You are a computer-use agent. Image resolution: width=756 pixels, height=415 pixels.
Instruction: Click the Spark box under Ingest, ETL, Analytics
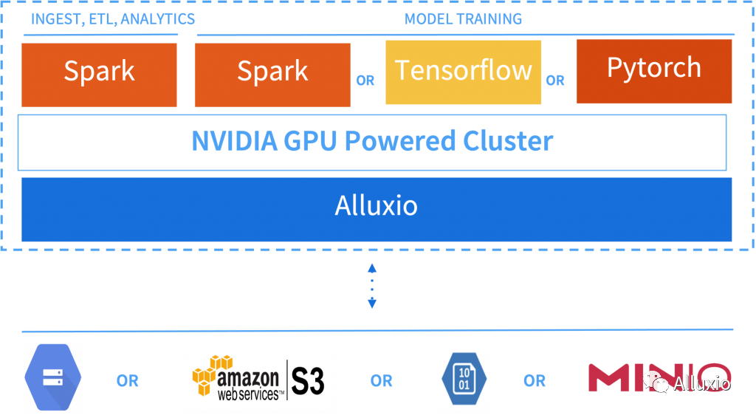pyautogui.click(x=99, y=75)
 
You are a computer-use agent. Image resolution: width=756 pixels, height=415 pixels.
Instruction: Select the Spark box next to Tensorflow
pyautogui.click(x=272, y=75)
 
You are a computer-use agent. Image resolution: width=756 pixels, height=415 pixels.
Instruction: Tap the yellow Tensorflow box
pyautogui.click(x=463, y=72)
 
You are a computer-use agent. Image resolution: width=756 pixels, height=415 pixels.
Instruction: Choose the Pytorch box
pyautogui.click(x=654, y=72)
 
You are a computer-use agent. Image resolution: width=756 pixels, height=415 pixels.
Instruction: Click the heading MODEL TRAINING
pyautogui.click(x=463, y=18)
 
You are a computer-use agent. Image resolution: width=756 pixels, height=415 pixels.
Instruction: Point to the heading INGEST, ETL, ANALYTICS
pyautogui.click(x=113, y=18)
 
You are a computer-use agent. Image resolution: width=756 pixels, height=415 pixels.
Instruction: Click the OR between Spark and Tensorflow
pyautogui.click(x=365, y=80)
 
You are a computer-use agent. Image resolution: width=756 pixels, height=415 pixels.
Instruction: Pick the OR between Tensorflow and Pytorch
pyautogui.click(x=555, y=80)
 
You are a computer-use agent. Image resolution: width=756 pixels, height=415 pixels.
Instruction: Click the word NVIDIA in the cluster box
pyautogui.click(x=234, y=141)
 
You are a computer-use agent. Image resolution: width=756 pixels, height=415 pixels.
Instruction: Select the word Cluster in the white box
pyautogui.click(x=508, y=141)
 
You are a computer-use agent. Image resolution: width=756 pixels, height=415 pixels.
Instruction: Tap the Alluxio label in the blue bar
pyautogui.click(x=376, y=206)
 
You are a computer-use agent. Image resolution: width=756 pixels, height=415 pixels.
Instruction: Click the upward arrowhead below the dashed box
pyautogui.click(x=372, y=269)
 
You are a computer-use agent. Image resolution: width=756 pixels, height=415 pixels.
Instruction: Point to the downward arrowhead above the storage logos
pyautogui.click(x=372, y=303)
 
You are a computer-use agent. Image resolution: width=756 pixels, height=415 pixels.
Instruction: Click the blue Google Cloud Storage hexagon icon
pyautogui.click(x=53, y=377)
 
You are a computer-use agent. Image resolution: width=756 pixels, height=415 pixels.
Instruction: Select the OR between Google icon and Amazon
pyautogui.click(x=127, y=381)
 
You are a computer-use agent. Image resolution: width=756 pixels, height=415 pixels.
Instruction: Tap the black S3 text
pyautogui.click(x=308, y=381)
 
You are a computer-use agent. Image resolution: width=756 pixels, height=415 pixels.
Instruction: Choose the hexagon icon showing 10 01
pyautogui.click(x=464, y=379)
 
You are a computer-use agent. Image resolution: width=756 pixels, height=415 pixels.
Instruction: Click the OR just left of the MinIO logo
pyautogui.click(x=535, y=381)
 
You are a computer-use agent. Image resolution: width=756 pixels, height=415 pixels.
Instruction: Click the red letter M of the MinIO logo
pyautogui.click(x=608, y=378)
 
